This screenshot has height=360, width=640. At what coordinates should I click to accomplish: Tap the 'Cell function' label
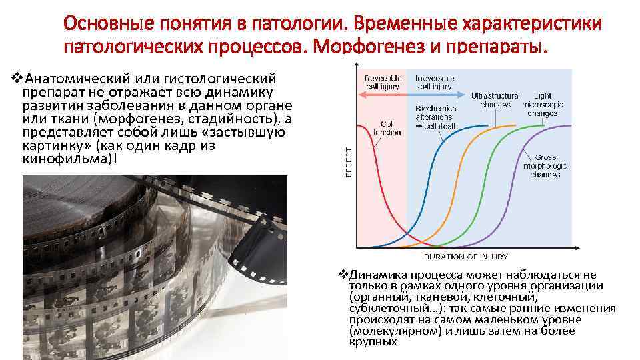point(387,128)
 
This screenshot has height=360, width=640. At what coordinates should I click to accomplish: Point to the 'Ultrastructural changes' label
point(495,100)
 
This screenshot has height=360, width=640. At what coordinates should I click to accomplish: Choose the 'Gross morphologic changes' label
point(545,165)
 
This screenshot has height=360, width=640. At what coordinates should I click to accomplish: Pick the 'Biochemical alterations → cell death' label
point(437,117)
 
